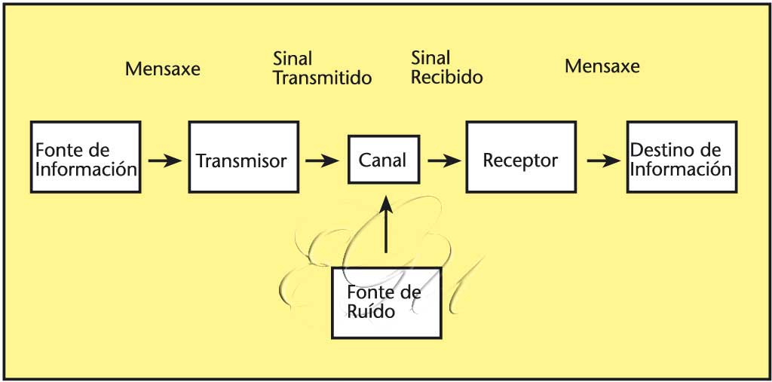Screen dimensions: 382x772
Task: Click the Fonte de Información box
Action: (86, 157)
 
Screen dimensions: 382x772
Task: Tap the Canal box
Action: (383, 160)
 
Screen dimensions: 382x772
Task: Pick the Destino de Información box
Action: (681, 157)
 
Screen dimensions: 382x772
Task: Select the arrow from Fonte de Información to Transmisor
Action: (164, 160)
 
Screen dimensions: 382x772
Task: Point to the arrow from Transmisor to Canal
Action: (320, 160)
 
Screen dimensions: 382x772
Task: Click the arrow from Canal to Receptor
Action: (443, 160)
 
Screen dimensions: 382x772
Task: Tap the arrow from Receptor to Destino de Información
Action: (603, 160)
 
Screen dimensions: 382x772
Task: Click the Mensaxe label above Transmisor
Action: (163, 69)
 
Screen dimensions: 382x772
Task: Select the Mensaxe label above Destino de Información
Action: (602, 66)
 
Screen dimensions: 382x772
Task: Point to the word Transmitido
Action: (323, 78)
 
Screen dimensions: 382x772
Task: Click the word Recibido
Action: (447, 77)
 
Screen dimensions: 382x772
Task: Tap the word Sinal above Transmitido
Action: (293, 59)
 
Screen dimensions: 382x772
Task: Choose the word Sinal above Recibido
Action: (430, 58)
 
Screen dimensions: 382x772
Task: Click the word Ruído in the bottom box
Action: (371, 311)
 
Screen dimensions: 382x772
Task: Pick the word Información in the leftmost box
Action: (86, 168)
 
